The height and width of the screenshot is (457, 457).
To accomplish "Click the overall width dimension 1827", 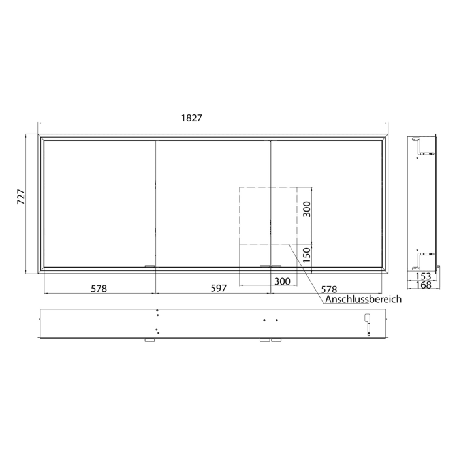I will click(191, 118).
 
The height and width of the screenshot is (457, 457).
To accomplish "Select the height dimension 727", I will click(20, 198).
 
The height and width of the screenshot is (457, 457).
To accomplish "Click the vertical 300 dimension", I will click(307, 209).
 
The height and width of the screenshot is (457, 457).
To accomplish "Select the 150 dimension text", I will click(307, 254).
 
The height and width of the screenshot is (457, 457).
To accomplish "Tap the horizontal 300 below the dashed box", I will click(282, 281).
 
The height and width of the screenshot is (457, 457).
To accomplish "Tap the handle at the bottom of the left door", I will click(150, 266).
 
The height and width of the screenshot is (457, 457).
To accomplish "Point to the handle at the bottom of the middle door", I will click(268, 266).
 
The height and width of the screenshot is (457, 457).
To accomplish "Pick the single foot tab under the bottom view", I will click(150, 341).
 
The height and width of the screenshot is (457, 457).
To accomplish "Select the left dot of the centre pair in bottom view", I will click(264, 321).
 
